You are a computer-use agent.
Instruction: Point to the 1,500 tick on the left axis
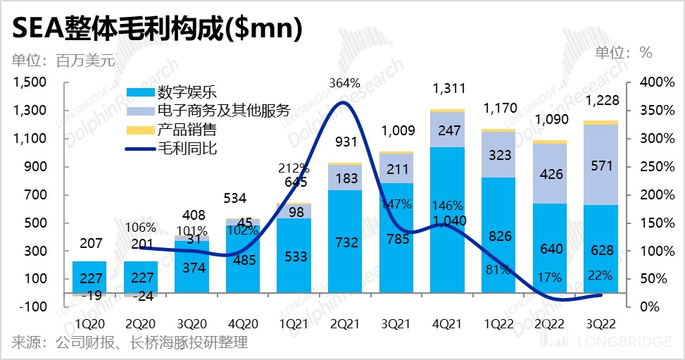coord(29,82)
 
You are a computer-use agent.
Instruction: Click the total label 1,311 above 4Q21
coord(449,89)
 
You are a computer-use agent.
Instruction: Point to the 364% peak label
coord(343,84)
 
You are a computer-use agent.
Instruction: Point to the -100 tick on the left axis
coord(32,307)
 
